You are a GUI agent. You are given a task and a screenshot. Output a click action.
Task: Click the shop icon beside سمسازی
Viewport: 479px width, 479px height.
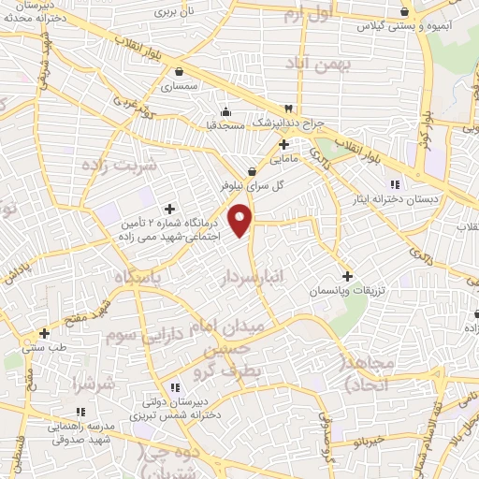[179, 71]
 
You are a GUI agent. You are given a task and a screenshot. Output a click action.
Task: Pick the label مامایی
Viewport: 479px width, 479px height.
[284, 160]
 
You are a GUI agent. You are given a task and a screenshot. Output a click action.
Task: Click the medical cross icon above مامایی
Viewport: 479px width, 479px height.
[284, 145]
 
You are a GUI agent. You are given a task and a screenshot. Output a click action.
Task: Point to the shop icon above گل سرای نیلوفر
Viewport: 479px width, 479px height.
[252, 171]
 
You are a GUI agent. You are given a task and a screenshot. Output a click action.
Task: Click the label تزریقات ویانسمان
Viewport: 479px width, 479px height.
[348, 293]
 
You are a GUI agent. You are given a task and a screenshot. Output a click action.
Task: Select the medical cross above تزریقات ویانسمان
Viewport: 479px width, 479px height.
[348, 276]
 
